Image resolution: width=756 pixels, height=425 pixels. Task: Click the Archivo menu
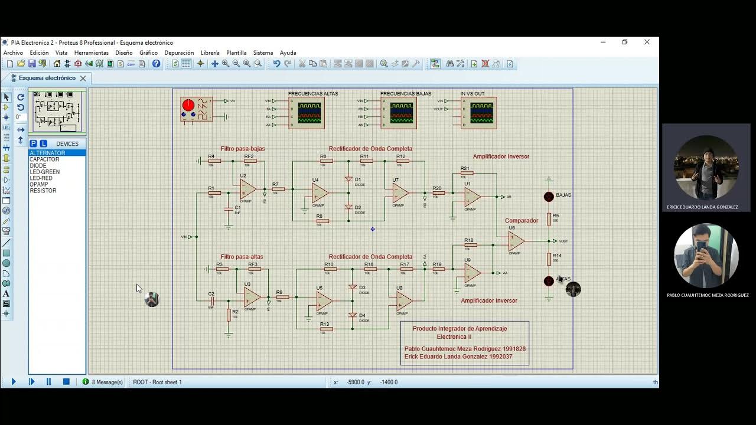pyautogui.click(x=13, y=53)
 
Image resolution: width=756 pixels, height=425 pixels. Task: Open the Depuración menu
pyautogui.click(x=179, y=53)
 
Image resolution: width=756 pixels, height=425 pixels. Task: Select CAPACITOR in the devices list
pyautogui.click(x=44, y=159)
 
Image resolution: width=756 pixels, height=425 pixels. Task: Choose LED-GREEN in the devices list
pyautogui.click(x=44, y=172)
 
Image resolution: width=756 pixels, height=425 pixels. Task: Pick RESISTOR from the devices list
pyautogui.click(x=43, y=191)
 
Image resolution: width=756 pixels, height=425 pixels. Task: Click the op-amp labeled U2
pyautogui.click(x=247, y=188)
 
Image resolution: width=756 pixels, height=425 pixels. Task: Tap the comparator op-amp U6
pyautogui.click(x=516, y=240)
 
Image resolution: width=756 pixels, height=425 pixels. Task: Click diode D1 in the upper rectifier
pyautogui.click(x=348, y=179)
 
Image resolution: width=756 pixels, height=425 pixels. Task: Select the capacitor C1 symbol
pyautogui.click(x=229, y=208)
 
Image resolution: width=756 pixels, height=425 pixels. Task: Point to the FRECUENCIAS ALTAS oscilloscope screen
pyautogui.click(x=309, y=112)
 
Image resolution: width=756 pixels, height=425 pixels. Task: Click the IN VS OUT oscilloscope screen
pyautogui.click(x=481, y=112)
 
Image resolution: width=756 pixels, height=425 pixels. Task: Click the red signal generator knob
pyautogui.click(x=188, y=105)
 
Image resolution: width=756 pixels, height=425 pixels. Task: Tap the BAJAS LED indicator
pyautogui.click(x=549, y=197)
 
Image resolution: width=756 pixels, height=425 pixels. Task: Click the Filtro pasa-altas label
pyautogui.click(x=242, y=257)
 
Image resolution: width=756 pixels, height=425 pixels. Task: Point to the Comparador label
pyautogui.click(x=521, y=221)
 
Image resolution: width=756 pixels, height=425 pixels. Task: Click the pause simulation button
pyautogui.click(x=49, y=382)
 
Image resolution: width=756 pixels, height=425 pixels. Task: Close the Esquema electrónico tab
pyautogui.click(x=83, y=78)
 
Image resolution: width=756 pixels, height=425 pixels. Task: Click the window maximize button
pyautogui.click(x=625, y=42)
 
